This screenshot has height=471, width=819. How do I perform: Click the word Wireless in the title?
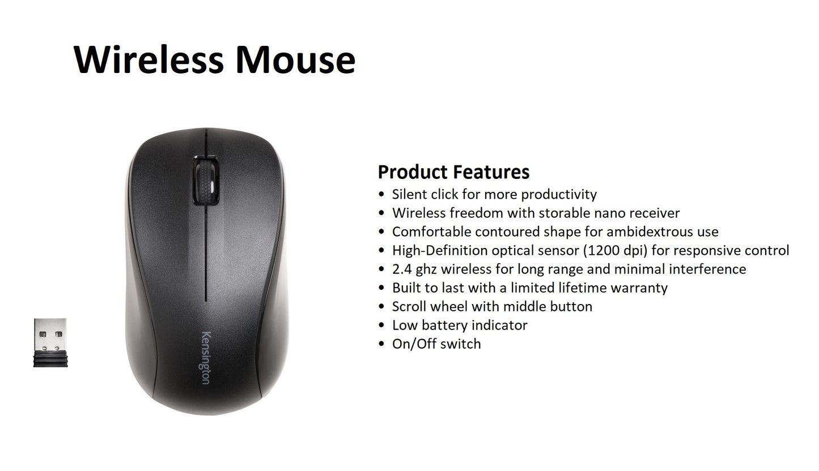(x=149, y=59)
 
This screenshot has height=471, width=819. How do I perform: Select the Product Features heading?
(x=453, y=172)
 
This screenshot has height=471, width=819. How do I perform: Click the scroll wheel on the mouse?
(x=205, y=181)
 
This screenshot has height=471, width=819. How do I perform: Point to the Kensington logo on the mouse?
(x=205, y=357)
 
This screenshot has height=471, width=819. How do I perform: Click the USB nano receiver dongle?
(x=50, y=342)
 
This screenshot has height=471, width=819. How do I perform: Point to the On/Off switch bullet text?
(x=436, y=344)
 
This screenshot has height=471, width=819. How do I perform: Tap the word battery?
(x=445, y=325)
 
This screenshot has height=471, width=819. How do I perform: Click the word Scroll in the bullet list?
(x=409, y=306)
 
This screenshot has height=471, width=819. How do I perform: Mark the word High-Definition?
(x=439, y=250)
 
